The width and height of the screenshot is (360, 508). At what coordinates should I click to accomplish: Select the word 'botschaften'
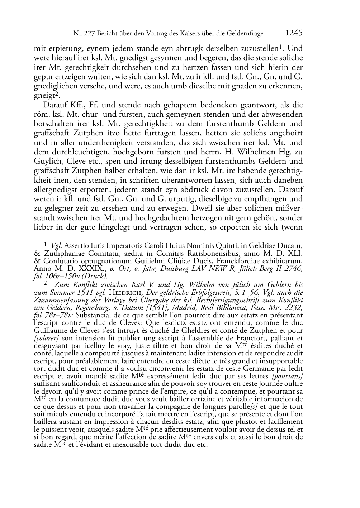point(51,124)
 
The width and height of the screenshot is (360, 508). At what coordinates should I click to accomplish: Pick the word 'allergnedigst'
point(54,189)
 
